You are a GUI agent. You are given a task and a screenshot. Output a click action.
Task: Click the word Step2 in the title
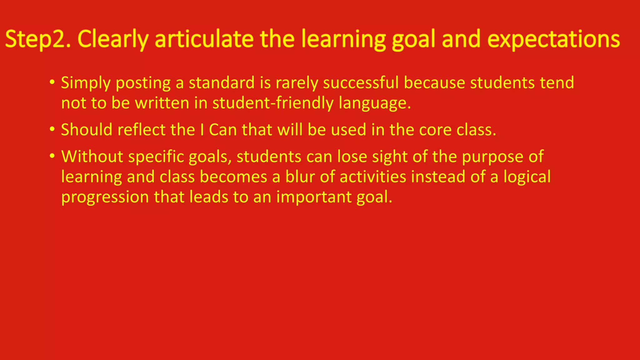coord(37,39)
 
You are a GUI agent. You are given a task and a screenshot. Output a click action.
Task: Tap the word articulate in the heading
coord(204,39)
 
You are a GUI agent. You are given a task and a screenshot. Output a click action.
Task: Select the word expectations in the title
coord(553,39)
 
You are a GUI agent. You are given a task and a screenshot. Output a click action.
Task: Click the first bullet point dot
coord(52,82)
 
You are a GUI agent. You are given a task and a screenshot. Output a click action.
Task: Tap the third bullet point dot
coord(52,156)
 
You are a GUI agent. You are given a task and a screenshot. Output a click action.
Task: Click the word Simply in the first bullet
coord(86,83)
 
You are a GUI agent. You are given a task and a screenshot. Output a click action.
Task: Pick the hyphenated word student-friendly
coord(273,103)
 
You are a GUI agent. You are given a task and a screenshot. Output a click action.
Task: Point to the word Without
coord(92,156)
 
